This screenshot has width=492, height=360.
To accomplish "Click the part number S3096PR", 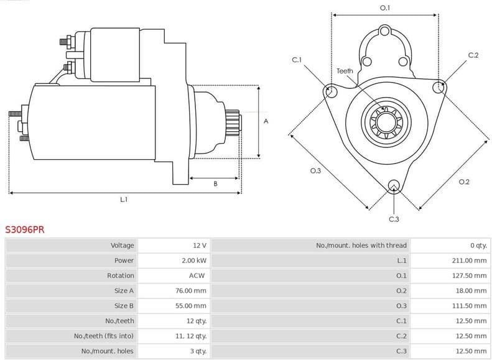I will tap(24, 229).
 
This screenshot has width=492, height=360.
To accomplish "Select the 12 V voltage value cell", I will tap(199, 246).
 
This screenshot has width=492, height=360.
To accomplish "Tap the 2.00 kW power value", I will tap(194, 261).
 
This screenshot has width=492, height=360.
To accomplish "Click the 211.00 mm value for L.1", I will tap(469, 261).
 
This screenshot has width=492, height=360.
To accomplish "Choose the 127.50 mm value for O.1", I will tap(469, 275).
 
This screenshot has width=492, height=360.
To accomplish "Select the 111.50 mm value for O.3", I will tap(469, 306).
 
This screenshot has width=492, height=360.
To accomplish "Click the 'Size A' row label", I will tap(124, 290).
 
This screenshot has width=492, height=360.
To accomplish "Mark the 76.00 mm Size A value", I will tap(191, 290).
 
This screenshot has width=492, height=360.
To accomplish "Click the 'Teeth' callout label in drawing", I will tap(345, 71).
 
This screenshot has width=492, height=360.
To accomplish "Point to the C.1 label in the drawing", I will tap(297, 60).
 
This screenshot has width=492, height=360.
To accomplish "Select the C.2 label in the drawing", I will tap(473, 55).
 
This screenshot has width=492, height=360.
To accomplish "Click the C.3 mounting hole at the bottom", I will tap(393, 185).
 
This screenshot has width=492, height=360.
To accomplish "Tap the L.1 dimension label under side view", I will tap(124, 200).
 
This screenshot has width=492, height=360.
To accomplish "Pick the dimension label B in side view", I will tap(215, 183).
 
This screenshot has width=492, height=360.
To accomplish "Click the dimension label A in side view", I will tap(266, 121).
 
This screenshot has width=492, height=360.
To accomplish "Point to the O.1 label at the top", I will tap(385, 7).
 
